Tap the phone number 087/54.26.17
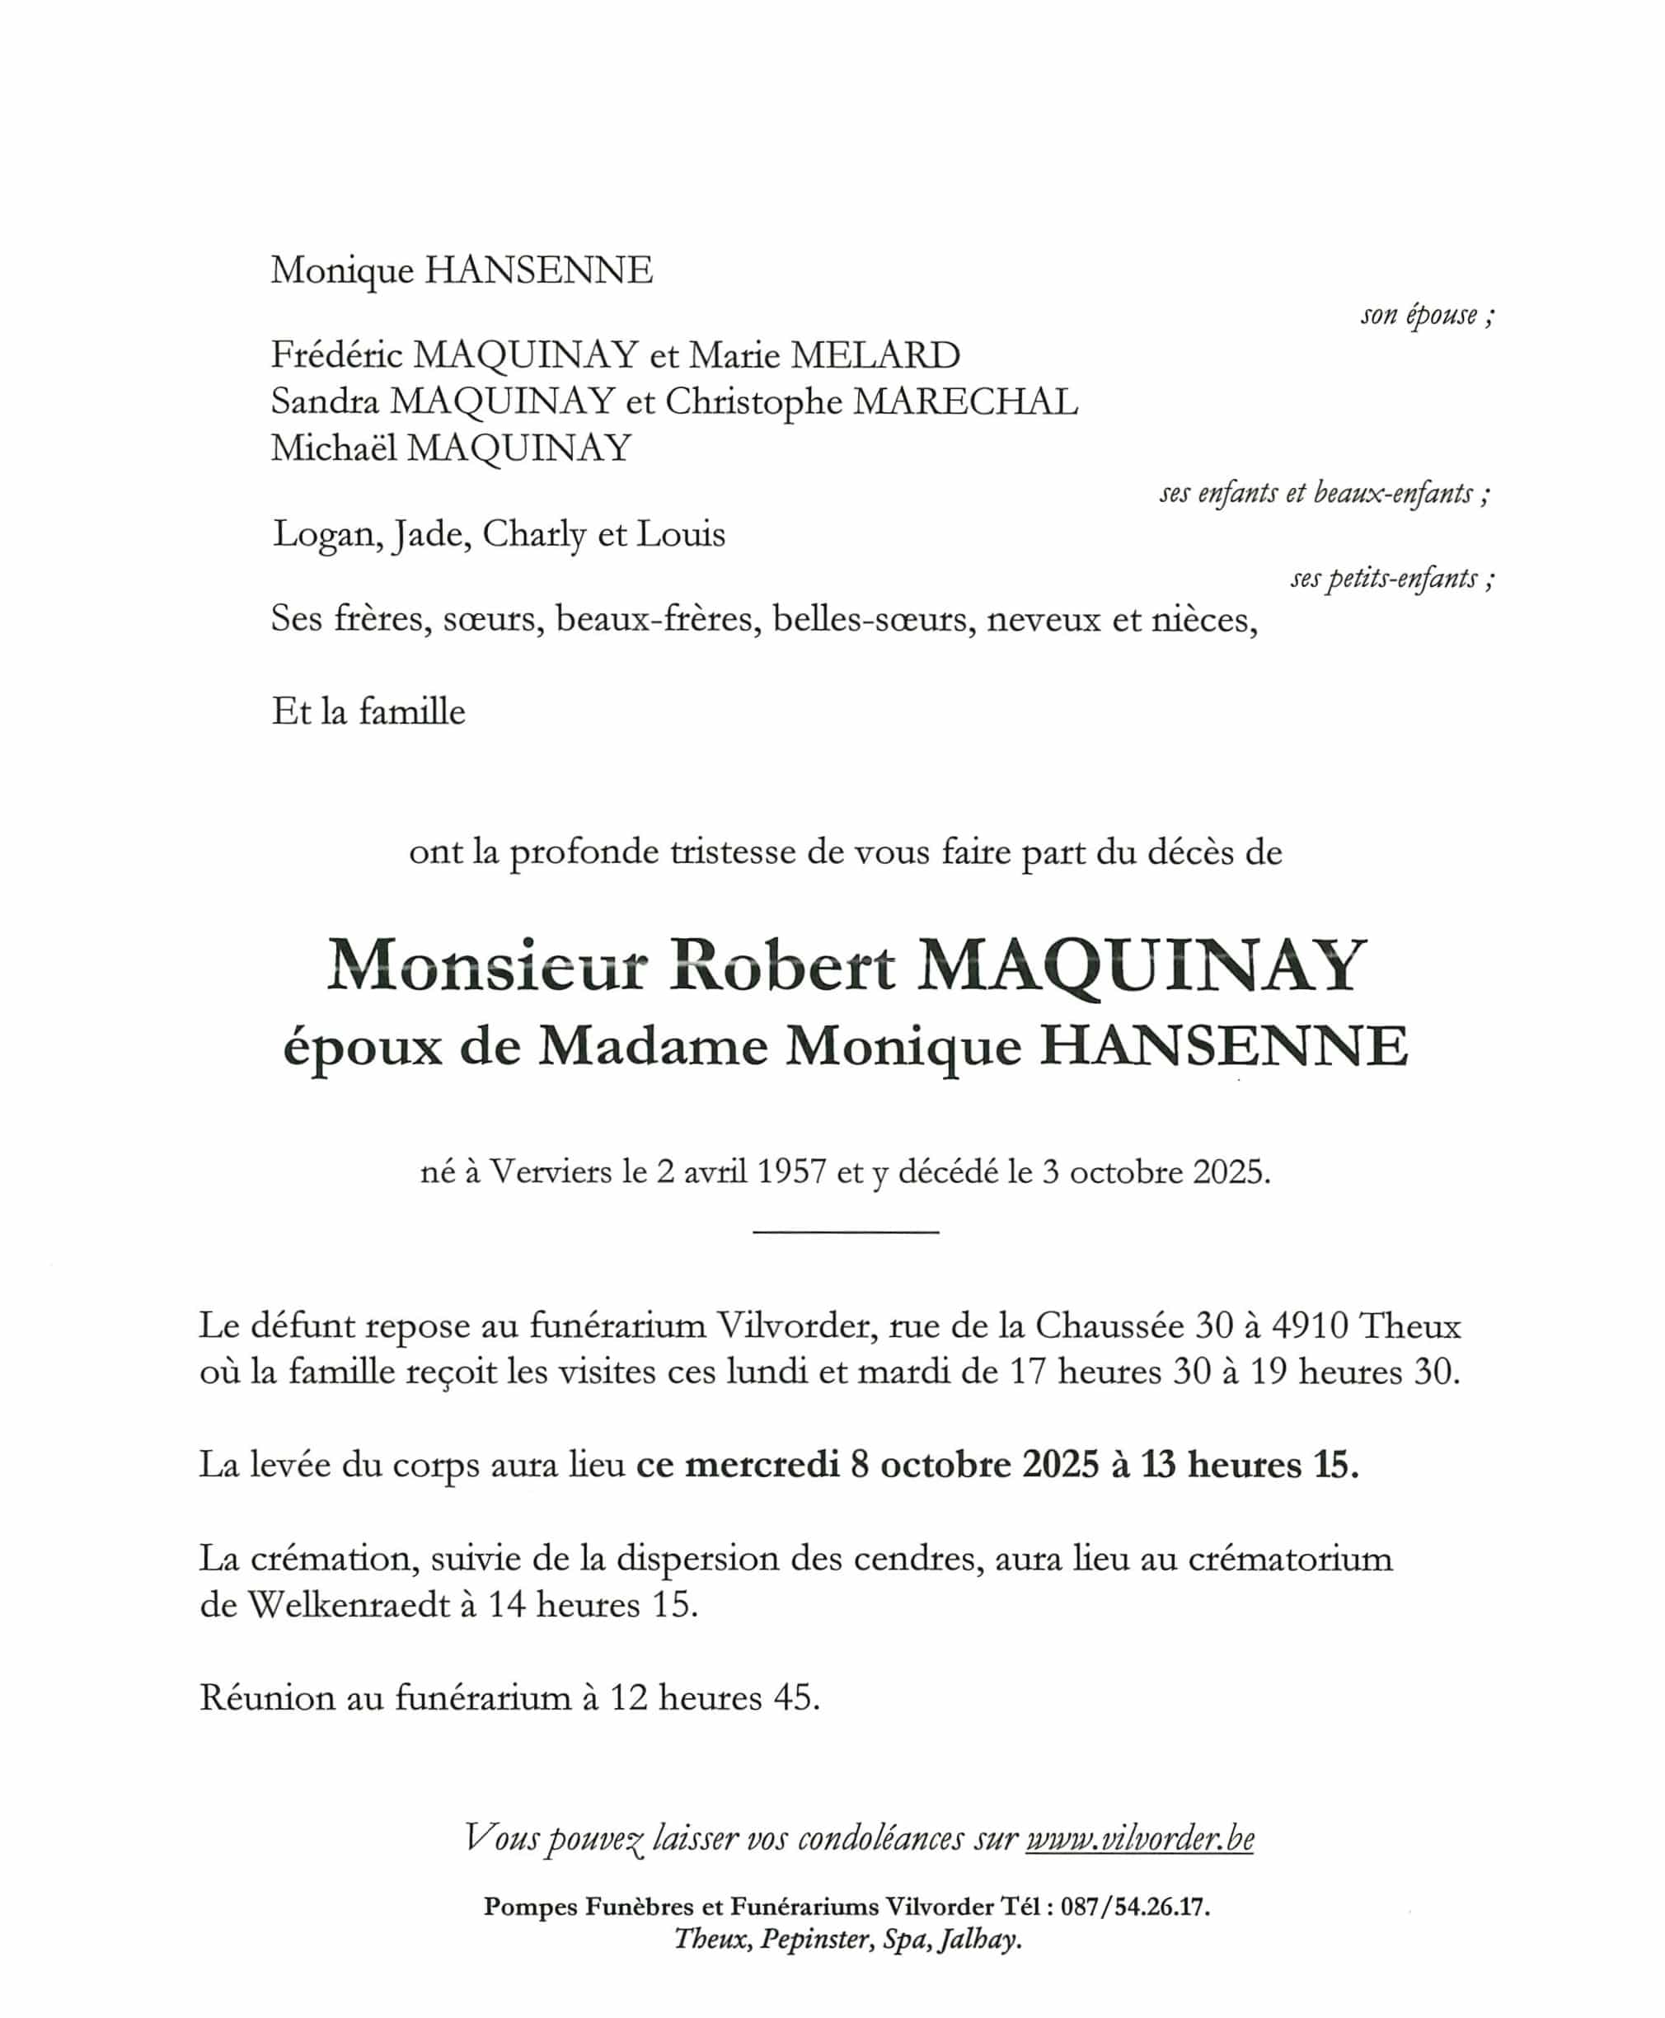click(x=1136, y=1907)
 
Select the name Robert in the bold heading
click(x=781, y=966)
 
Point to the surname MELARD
click(x=875, y=356)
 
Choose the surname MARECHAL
click(x=965, y=402)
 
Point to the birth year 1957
click(x=792, y=1172)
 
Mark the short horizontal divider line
click(x=845, y=1232)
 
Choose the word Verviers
click(x=551, y=1172)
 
